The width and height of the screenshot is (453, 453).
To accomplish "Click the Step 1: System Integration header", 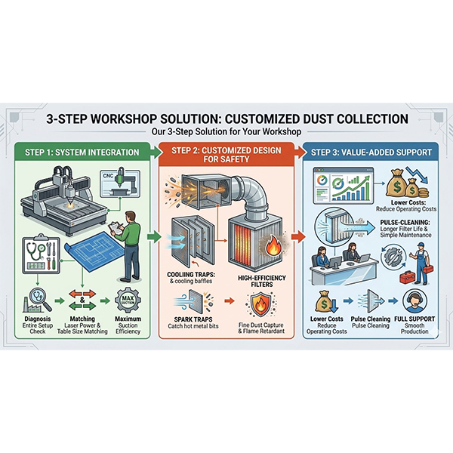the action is pos(82,153).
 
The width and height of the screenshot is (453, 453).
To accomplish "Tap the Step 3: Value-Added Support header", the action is pos(371,153).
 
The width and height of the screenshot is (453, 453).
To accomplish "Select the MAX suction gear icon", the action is pos(128,300).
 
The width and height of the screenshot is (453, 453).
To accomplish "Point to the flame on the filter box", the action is pos(272,244).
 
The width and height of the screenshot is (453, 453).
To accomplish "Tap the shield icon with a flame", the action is pos(260,304).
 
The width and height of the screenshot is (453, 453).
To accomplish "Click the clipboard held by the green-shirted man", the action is pos(116,228).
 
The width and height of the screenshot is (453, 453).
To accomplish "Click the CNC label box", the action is pos(120,184).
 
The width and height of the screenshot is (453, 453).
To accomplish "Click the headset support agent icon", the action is pos(414,300).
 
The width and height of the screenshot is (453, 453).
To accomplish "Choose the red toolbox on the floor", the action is pos(408,277).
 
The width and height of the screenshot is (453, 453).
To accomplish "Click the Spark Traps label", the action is pos(193,319).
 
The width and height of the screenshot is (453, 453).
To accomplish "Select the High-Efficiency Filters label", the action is pos(262,281).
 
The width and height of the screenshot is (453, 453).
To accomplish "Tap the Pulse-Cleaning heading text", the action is pos(405,223).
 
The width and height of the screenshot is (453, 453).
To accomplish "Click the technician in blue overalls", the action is pos(420,263).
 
